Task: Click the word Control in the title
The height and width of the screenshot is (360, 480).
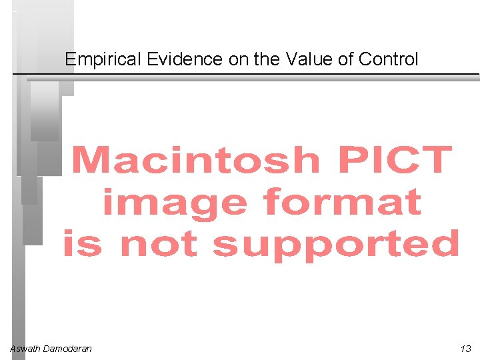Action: (389, 59)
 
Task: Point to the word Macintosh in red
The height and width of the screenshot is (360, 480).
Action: (195, 161)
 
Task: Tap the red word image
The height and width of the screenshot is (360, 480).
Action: (173, 203)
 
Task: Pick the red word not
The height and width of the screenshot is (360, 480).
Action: (159, 244)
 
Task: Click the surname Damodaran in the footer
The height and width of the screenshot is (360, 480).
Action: (67, 349)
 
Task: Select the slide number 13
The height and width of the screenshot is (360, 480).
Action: (465, 349)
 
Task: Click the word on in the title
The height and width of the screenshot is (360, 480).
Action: (237, 59)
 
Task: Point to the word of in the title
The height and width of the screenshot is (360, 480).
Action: (345, 59)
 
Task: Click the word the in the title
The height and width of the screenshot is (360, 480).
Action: (267, 59)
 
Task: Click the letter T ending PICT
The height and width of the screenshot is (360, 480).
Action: (437, 161)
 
